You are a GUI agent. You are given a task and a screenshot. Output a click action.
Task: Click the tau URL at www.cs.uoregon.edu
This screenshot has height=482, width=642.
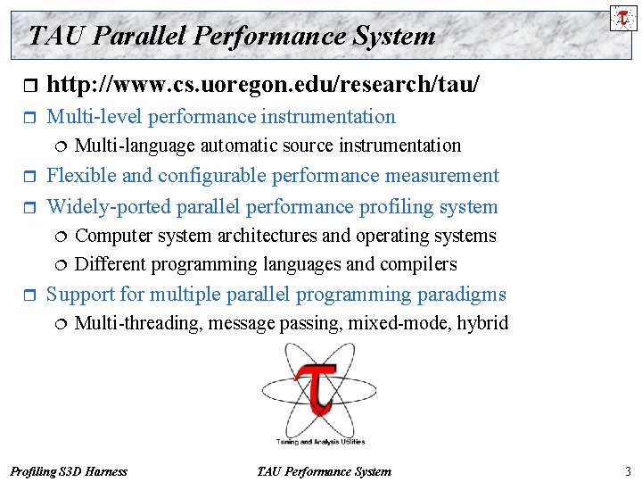(262, 85)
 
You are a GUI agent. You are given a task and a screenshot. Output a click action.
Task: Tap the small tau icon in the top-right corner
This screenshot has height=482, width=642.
(623, 18)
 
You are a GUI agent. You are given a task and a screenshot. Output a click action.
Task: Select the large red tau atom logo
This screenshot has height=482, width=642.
(317, 391)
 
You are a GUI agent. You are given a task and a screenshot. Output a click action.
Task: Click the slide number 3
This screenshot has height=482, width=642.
(628, 471)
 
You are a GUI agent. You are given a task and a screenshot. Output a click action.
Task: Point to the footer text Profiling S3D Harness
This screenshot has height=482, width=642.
(68, 471)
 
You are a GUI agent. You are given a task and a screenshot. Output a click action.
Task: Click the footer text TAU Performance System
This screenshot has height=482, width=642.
(323, 471)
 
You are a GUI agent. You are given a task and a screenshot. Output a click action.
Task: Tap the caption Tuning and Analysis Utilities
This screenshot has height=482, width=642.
(318, 442)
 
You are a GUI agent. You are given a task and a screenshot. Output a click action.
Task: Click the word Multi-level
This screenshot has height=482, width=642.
(95, 117)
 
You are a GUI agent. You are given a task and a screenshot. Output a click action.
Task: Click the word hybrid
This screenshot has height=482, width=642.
(481, 323)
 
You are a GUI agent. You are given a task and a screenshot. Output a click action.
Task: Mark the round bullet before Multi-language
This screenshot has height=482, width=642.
(61, 146)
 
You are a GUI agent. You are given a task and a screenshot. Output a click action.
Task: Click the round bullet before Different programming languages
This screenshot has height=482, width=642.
(61, 265)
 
